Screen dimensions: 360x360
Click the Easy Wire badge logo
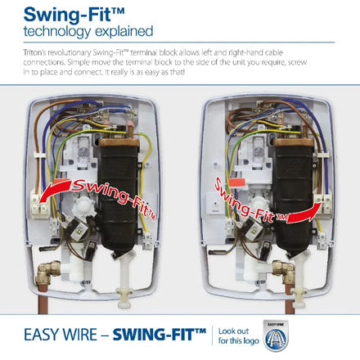tap(276, 335)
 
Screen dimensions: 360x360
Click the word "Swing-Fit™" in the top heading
tap(74, 15)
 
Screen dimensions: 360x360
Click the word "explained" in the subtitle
tap(124, 31)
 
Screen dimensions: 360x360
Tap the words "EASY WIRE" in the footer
tap(61, 335)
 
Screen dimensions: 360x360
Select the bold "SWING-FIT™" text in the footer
tap(160, 335)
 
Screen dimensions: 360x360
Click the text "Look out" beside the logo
tap(233, 331)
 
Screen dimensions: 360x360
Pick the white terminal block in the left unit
tap(40, 204)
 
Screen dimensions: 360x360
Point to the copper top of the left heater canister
tap(119, 142)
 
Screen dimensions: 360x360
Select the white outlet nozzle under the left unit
tap(124, 278)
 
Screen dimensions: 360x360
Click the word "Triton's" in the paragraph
tap(34, 52)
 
